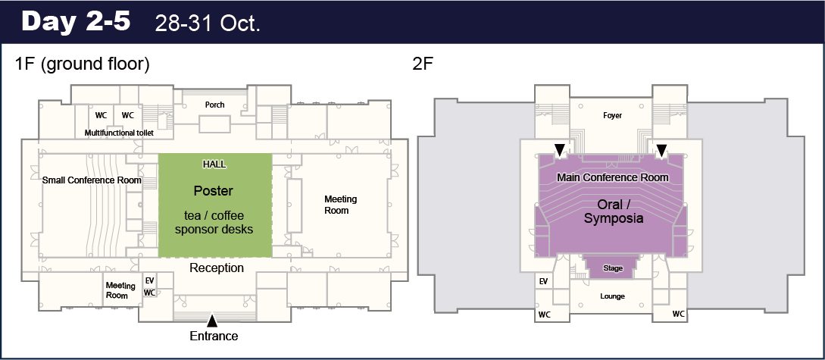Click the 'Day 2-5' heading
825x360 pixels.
(x=76, y=21)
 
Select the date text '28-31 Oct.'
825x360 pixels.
(x=208, y=24)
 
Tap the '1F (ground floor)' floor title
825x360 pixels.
(x=83, y=64)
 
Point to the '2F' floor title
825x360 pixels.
(x=423, y=64)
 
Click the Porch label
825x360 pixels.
(x=214, y=105)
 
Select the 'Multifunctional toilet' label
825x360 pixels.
(x=119, y=133)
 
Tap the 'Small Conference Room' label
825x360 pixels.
(x=92, y=180)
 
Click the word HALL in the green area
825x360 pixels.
(x=214, y=164)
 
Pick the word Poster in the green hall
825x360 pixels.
(x=213, y=190)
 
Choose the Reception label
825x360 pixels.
(x=217, y=268)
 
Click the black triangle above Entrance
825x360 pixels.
(x=211, y=321)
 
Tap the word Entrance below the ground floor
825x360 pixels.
(x=214, y=336)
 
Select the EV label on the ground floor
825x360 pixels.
(x=149, y=281)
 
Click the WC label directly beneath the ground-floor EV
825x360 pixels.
(x=149, y=292)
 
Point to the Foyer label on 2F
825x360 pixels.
(x=612, y=115)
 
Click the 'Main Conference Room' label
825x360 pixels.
(x=613, y=177)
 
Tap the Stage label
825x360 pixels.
(x=613, y=268)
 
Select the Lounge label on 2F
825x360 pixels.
(x=612, y=296)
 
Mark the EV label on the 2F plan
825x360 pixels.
(x=543, y=282)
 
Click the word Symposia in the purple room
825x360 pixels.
(x=614, y=218)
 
